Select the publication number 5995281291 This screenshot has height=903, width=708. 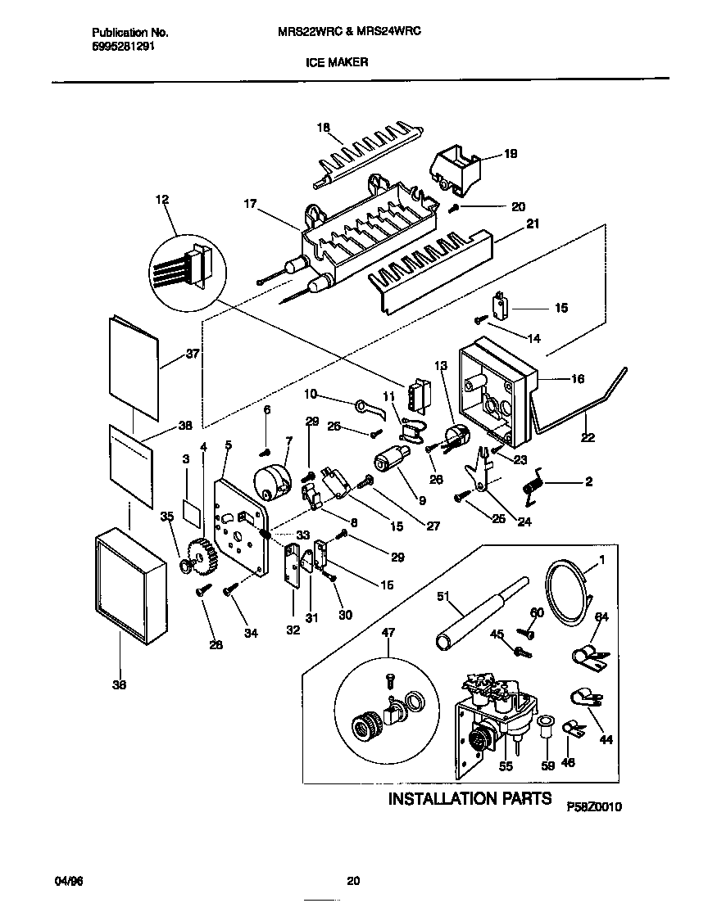[x=120, y=47]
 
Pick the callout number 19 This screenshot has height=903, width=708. [x=511, y=154]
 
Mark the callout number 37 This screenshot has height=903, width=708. [x=193, y=354]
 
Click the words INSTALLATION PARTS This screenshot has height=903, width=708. [x=469, y=798]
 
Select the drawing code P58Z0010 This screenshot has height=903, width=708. [x=595, y=806]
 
